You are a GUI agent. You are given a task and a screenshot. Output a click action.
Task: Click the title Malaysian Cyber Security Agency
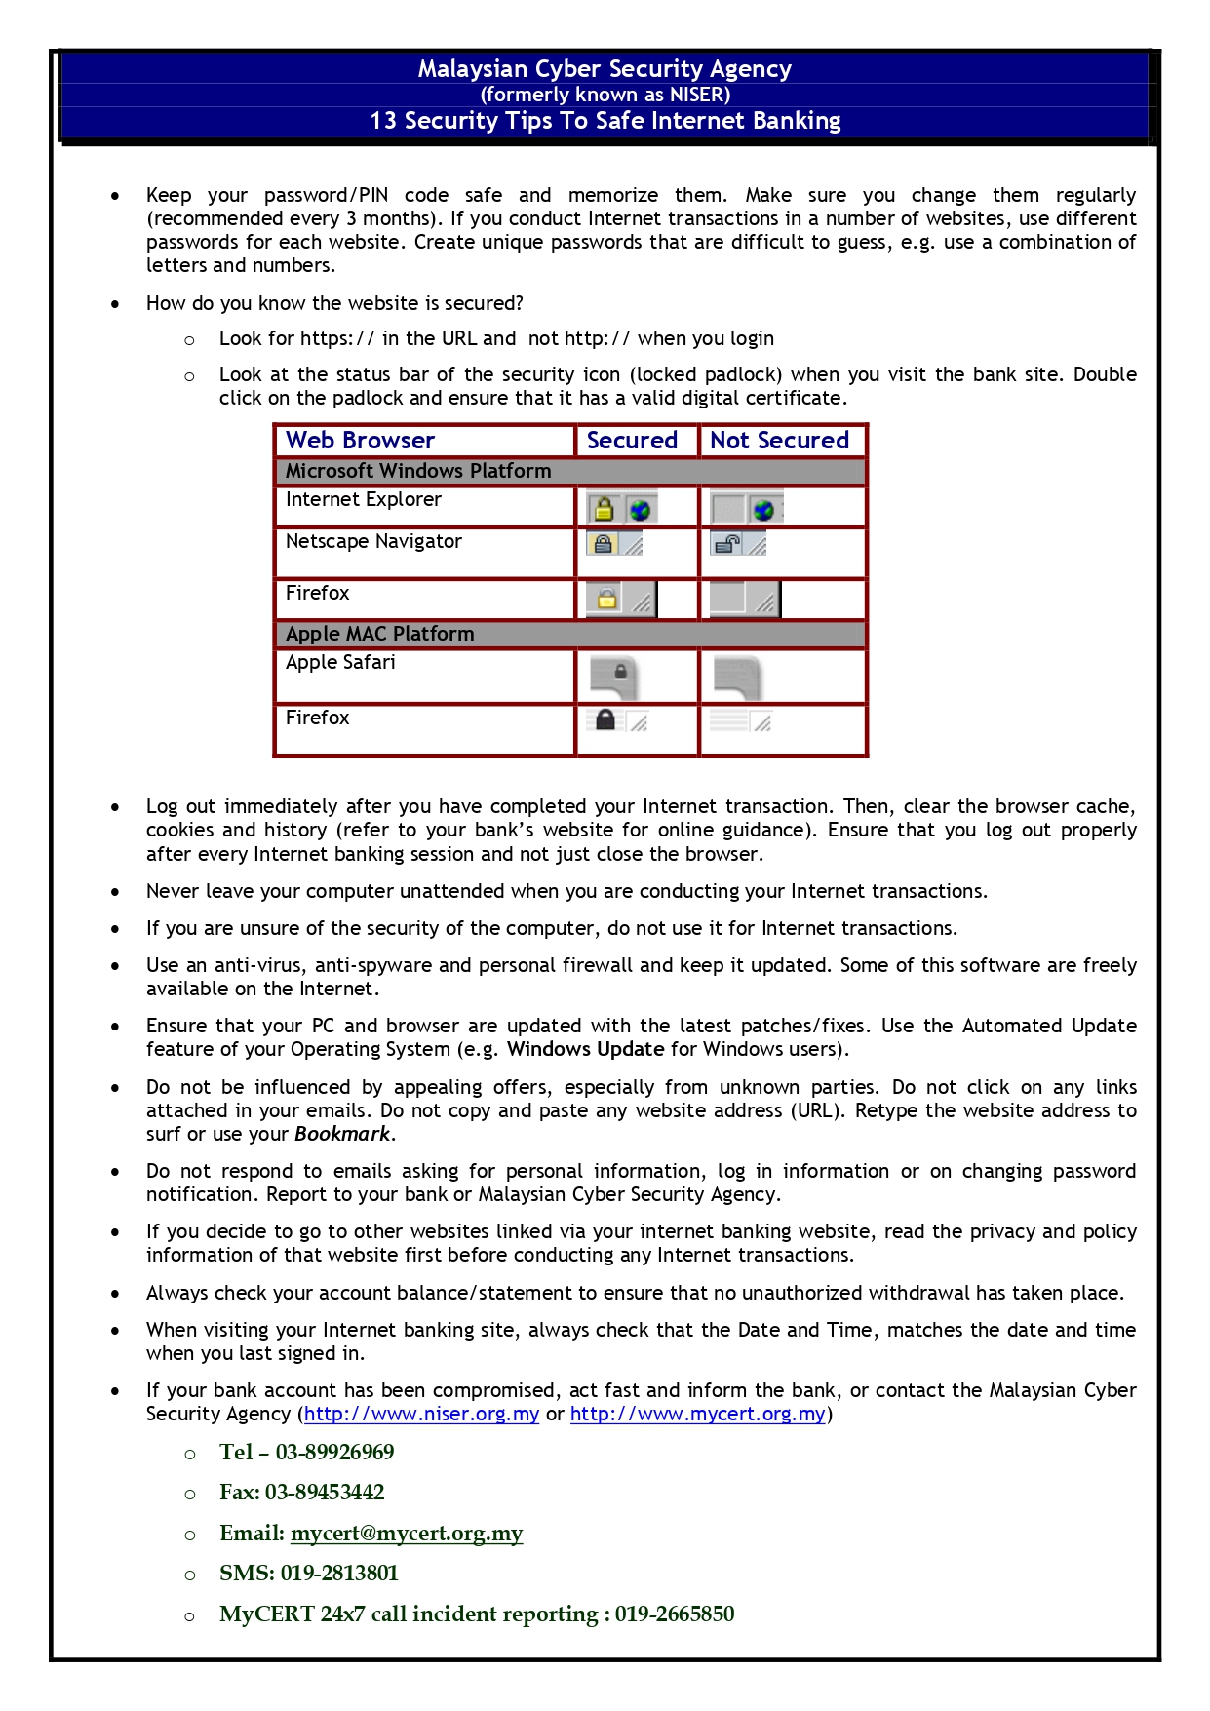[605, 69]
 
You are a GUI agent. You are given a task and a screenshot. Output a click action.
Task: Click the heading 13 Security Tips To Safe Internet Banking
[605, 121]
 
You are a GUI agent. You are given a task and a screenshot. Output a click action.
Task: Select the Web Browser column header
[360, 441]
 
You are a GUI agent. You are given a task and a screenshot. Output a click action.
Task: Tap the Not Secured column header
[779, 441]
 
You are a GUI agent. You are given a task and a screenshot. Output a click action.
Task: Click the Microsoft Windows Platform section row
[418, 471]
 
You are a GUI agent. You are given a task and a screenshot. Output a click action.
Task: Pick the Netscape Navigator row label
[373, 541]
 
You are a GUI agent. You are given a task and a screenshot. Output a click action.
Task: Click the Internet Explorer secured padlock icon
[604, 509]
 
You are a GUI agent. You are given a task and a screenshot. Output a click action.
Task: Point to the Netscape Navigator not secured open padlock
[727, 544]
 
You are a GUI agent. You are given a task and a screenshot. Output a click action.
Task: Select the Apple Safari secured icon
[614, 676]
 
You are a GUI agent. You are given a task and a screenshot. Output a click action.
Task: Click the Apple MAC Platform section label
[379, 634]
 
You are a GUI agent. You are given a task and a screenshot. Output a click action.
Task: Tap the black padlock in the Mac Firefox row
[605, 720]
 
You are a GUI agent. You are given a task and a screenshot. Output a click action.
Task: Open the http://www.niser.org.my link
[421, 1414]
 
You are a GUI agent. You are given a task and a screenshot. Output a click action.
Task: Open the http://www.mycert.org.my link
[697, 1414]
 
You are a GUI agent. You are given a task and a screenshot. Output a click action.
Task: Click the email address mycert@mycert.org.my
[407, 1534]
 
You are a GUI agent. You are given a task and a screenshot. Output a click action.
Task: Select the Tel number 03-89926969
[334, 1453]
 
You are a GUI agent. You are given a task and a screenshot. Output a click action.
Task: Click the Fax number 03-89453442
[325, 1493]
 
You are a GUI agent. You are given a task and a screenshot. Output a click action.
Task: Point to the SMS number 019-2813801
[339, 1574]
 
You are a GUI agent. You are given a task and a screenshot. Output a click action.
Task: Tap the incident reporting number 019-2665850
[674, 1614]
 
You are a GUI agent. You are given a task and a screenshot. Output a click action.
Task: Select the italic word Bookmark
[342, 1134]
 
